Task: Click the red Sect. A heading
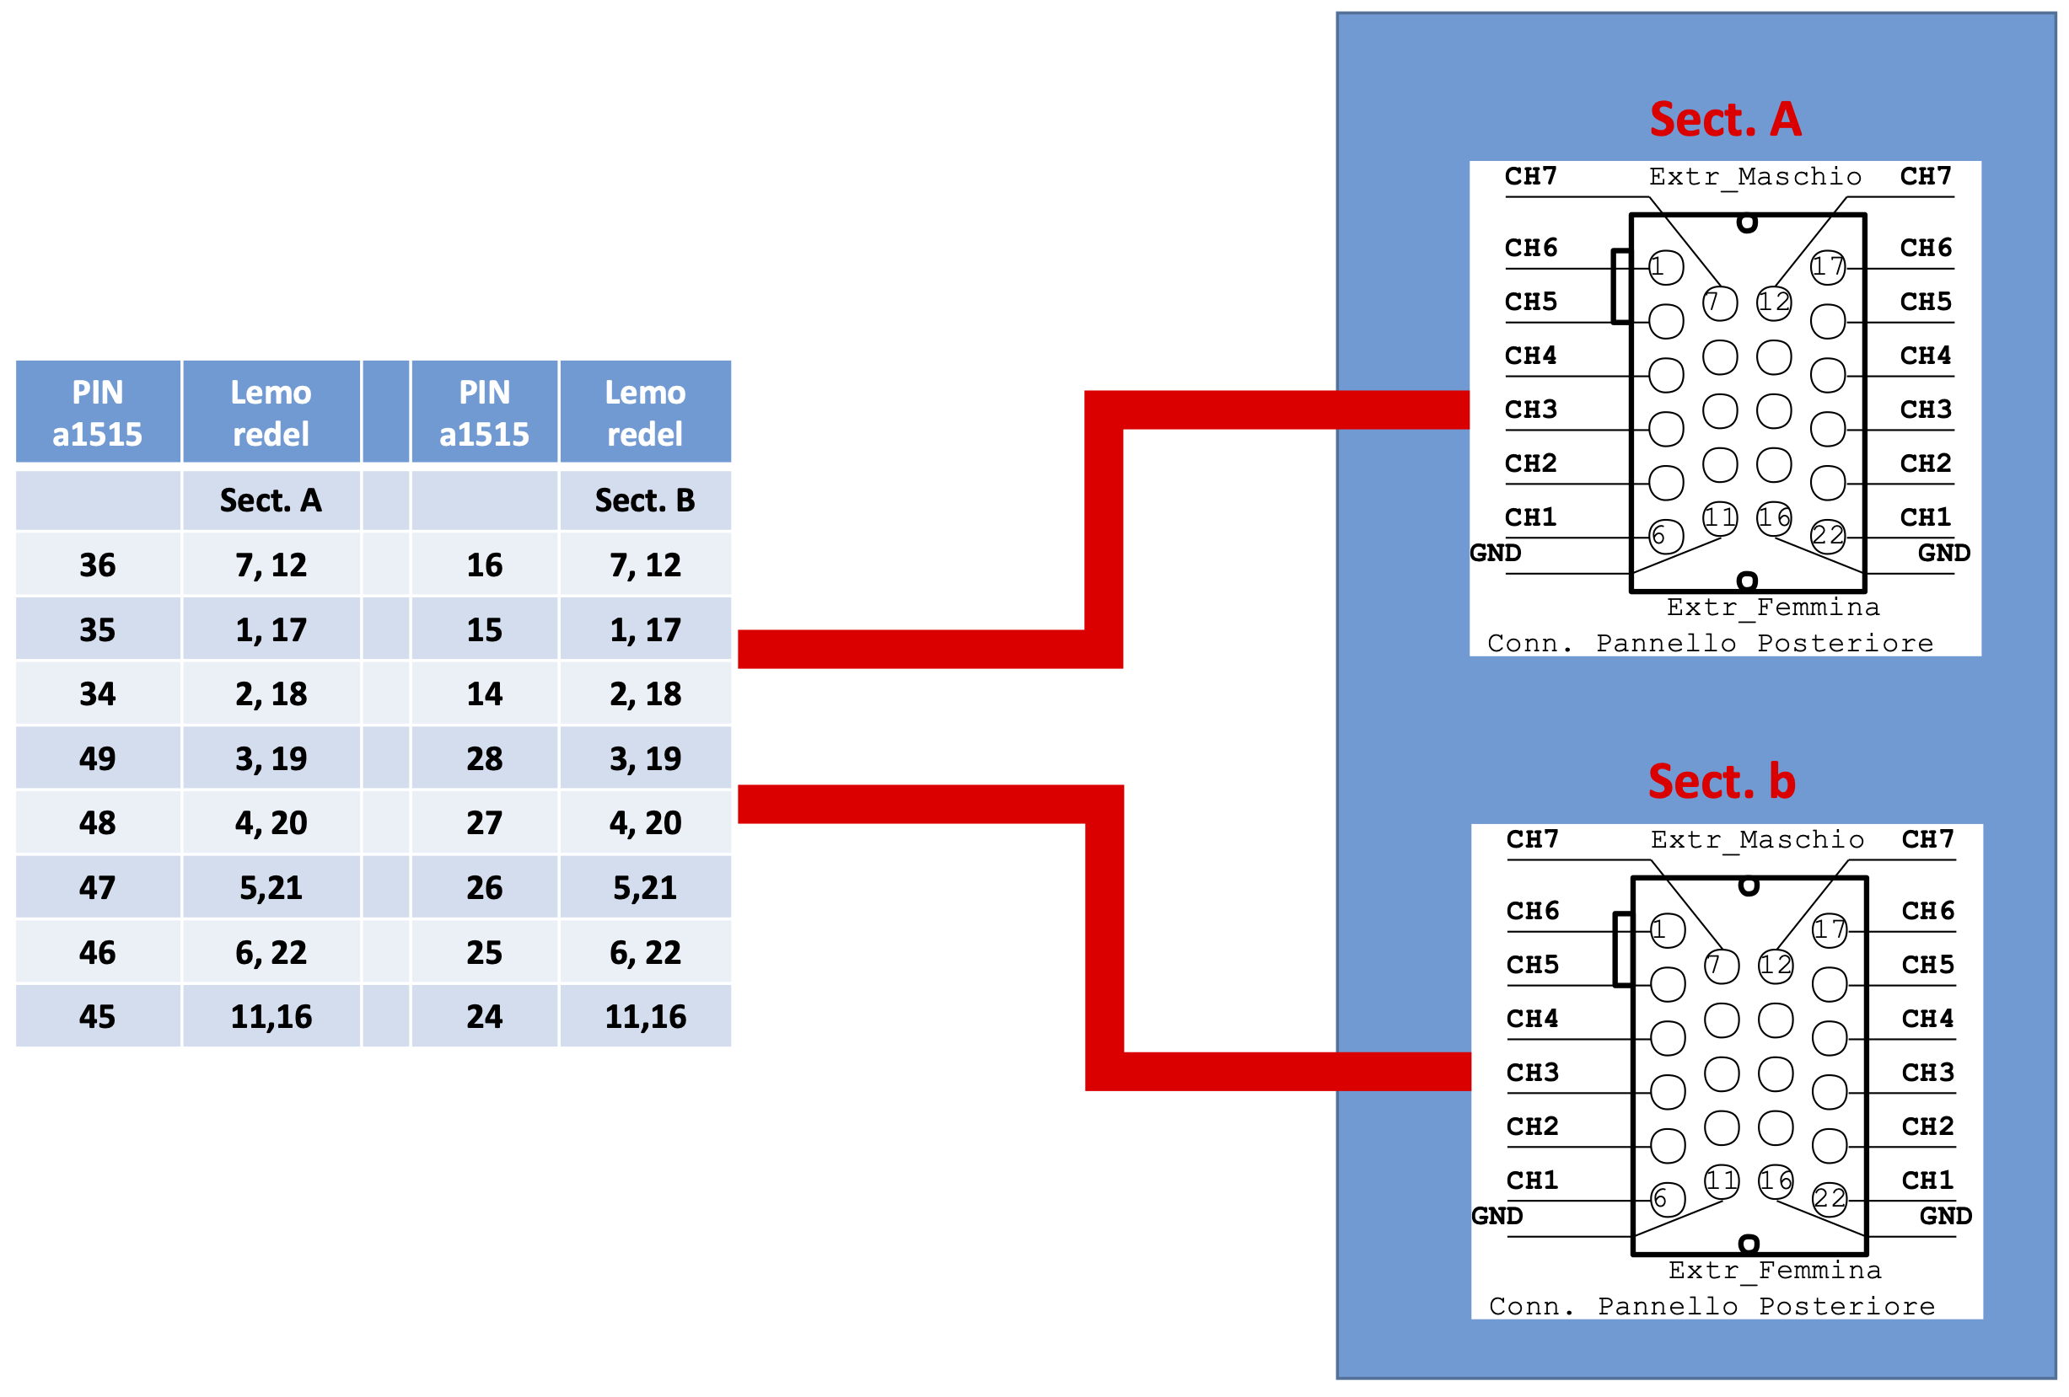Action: tap(1724, 120)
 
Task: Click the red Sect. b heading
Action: tap(1722, 781)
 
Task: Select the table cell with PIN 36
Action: tap(98, 565)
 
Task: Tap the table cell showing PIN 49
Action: tap(98, 758)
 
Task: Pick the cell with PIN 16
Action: tap(484, 565)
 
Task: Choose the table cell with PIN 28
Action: tap(484, 758)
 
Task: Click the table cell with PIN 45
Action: tap(98, 1016)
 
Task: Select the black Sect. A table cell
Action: tap(271, 500)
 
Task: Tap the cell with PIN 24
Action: tap(484, 1016)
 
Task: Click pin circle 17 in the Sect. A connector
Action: tap(1828, 267)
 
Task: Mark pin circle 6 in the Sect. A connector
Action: tap(1666, 537)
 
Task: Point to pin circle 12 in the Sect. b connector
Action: tap(1776, 966)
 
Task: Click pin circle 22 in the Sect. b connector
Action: tap(1830, 1199)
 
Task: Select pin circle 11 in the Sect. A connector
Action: tap(1720, 518)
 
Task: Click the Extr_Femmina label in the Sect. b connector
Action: tap(1776, 1271)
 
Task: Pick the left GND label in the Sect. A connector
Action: tap(1496, 554)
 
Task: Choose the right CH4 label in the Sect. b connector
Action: tap(1927, 1019)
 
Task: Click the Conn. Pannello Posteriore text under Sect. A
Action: tap(1710, 644)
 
